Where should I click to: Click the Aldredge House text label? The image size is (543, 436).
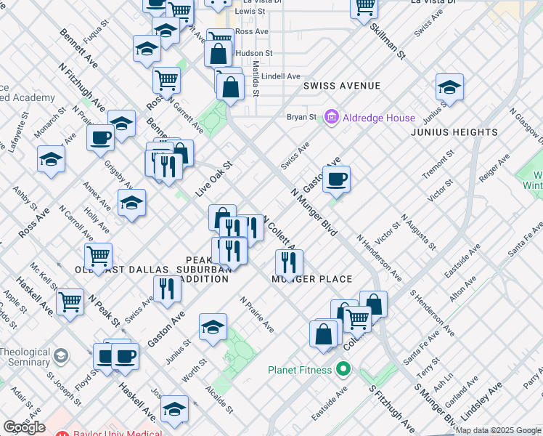(x=381, y=118)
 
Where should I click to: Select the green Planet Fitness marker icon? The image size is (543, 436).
(x=343, y=370)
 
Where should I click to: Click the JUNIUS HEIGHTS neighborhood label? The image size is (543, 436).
(x=454, y=132)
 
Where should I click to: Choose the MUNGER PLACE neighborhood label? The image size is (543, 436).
(x=312, y=279)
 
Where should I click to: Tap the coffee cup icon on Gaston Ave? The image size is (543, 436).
(x=336, y=179)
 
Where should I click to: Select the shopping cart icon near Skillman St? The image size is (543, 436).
(x=364, y=7)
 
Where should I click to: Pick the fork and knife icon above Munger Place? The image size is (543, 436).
(x=289, y=263)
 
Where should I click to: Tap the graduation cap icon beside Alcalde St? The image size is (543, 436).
(x=213, y=328)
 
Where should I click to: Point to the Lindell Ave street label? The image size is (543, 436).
(x=282, y=76)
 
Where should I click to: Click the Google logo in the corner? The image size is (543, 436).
(x=24, y=427)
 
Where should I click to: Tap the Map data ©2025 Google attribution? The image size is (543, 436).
(x=498, y=430)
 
